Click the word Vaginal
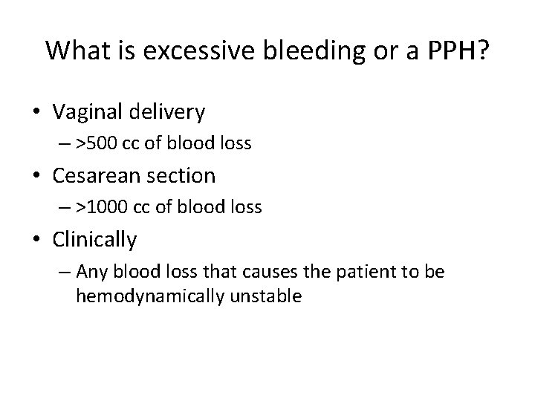coord(88,111)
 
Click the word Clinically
coord(95,239)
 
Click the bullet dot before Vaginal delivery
coord(41,112)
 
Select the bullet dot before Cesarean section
coord(41,176)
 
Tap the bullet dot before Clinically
coord(41,240)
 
